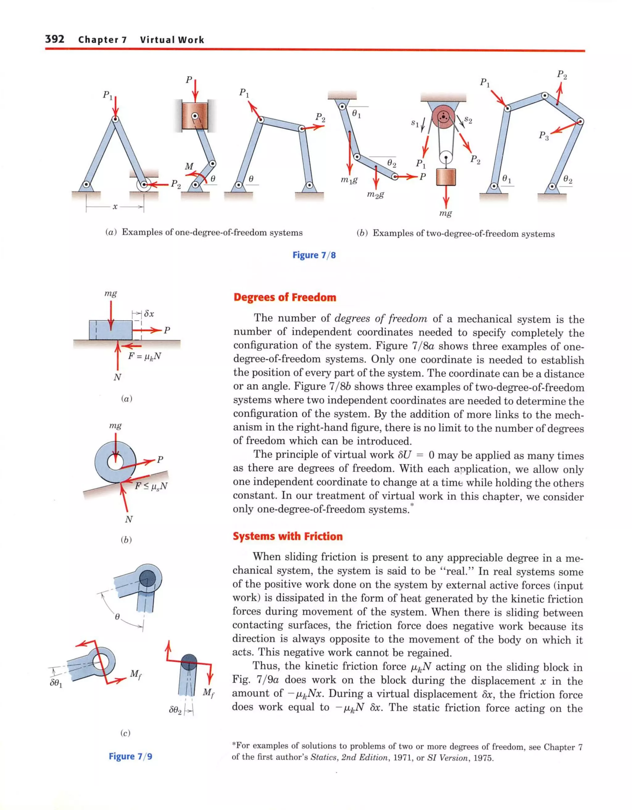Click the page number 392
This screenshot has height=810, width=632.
pos(55,39)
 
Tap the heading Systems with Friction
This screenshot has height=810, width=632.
pos(288,536)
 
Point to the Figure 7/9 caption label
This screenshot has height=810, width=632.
pos(131,756)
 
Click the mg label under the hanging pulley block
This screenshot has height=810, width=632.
pos(446,213)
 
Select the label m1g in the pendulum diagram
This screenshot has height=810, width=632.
pos(349,180)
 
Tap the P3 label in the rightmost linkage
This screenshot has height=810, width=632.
pos(543,136)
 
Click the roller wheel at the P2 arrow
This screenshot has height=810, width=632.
pos(143,184)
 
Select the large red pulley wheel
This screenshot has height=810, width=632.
pos(443,117)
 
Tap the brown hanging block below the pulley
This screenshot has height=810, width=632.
pos(446,177)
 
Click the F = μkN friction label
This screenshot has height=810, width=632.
pos(144,356)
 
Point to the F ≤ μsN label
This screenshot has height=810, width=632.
pos(151,485)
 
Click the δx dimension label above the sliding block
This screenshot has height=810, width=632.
pos(149,314)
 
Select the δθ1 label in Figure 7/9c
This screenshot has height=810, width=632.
pos(56,683)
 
